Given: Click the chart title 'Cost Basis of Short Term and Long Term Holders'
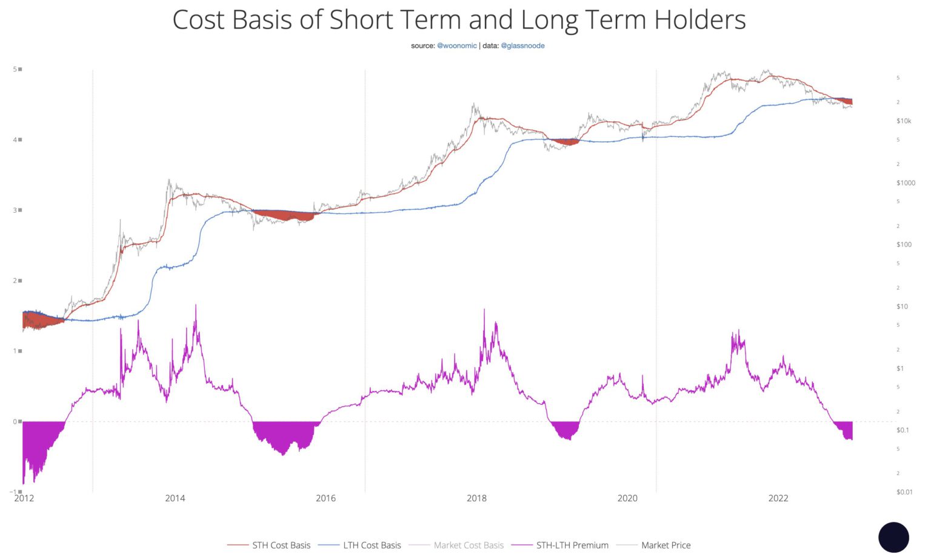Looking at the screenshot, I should tap(459, 19).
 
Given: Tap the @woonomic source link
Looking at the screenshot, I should tap(456, 45).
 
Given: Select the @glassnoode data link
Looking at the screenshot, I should tap(522, 45).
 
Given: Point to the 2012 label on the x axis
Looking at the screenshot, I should tap(24, 498).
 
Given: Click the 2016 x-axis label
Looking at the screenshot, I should tap(325, 498).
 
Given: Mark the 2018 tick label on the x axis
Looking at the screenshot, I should tap(476, 498).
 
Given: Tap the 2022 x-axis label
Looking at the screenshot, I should tap(778, 498).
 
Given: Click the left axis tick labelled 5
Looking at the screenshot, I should tap(15, 69).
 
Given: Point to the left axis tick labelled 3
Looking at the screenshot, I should tap(15, 210).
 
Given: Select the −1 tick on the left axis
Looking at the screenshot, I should tap(13, 492).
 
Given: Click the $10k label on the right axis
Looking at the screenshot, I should tap(904, 121).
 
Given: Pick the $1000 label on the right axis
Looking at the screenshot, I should tap(906, 183).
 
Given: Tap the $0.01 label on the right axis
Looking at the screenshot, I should tap(904, 492).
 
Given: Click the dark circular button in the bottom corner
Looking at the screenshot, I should tap(893, 538).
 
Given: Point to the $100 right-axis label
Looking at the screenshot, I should tap(904, 245).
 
